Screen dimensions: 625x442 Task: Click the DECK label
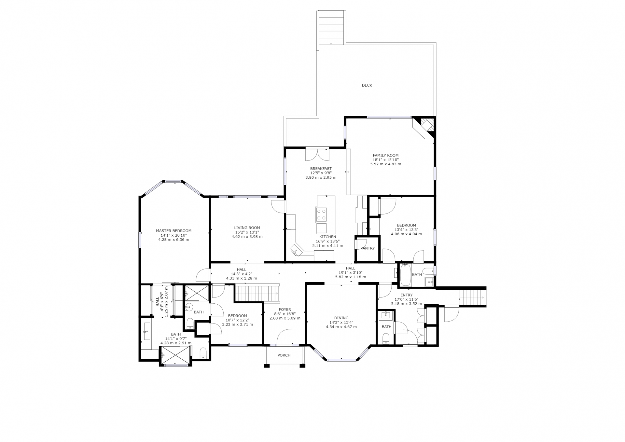367,85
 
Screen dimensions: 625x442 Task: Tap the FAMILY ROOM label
385,156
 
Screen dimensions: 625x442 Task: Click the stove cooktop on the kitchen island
321,214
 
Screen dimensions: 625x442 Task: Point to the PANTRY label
368,248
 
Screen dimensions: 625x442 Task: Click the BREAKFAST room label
321,169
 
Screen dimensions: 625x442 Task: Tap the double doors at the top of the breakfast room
317,154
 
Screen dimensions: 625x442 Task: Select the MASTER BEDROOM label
174,231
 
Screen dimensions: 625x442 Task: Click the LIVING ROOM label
247,228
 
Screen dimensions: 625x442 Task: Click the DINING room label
341,318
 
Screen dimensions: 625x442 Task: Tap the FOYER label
285,310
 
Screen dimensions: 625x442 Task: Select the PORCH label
284,355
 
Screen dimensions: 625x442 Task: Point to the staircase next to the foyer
257,293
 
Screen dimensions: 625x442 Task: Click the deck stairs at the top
331,27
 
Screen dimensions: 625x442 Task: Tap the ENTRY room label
407,295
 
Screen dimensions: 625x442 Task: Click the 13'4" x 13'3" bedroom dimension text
406,229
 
